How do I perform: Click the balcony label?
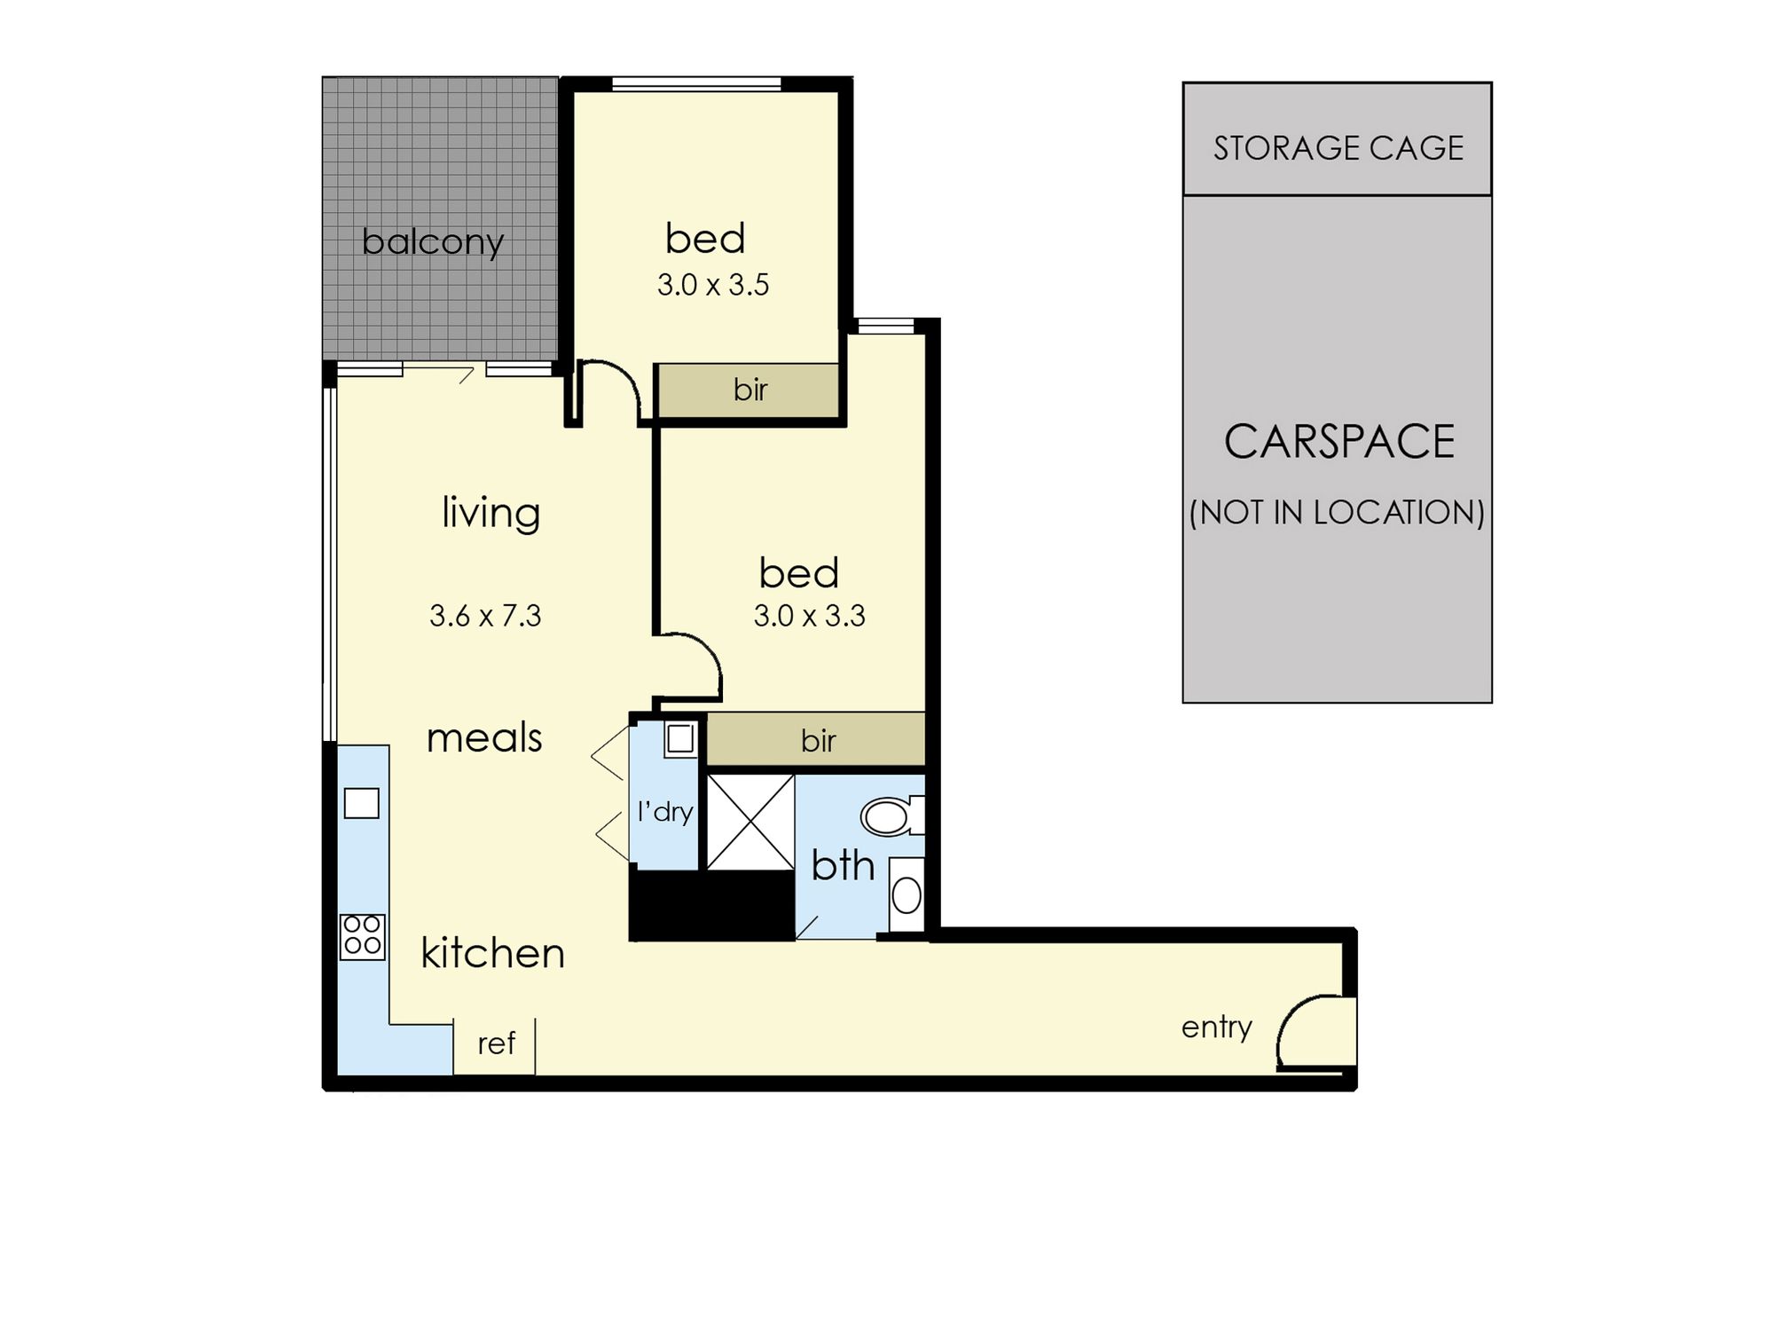pyautogui.click(x=433, y=241)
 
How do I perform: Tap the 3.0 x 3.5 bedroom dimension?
pyautogui.click(x=713, y=285)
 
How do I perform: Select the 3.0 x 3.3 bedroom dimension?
pyautogui.click(x=809, y=616)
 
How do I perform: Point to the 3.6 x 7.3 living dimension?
pyautogui.click(x=485, y=616)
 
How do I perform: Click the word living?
pyautogui.click(x=491, y=513)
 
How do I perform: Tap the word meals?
pyautogui.click(x=484, y=738)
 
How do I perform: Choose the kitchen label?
pyautogui.click(x=492, y=953)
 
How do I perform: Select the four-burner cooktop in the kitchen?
pyautogui.click(x=363, y=937)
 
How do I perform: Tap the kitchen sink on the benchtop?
pyautogui.click(x=362, y=803)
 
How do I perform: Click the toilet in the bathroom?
pyautogui.click(x=891, y=816)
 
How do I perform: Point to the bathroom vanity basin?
pyautogui.click(x=907, y=894)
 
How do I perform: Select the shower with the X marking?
pyautogui.click(x=750, y=822)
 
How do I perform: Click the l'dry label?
pyautogui.click(x=665, y=812)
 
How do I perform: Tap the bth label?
pyautogui.click(x=843, y=865)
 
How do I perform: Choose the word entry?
pyautogui.click(x=1217, y=1028)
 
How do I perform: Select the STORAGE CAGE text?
pyautogui.click(x=1338, y=148)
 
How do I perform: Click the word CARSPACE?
pyautogui.click(x=1339, y=442)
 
